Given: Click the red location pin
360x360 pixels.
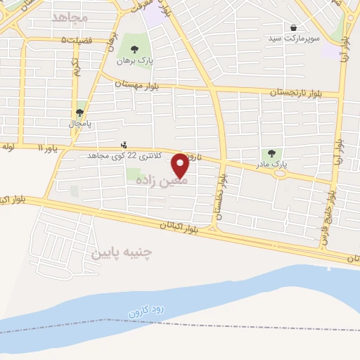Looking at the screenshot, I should [181, 165].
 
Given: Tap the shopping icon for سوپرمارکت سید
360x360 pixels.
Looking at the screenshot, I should [292, 27].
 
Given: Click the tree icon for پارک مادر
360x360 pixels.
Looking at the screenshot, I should [271, 153].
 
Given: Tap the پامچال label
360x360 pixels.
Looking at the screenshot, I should [80, 123].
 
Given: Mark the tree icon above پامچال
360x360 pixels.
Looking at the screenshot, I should [80, 112].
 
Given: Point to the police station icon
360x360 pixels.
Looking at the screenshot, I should [124, 145].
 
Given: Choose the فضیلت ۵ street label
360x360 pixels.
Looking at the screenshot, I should [77, 40].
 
